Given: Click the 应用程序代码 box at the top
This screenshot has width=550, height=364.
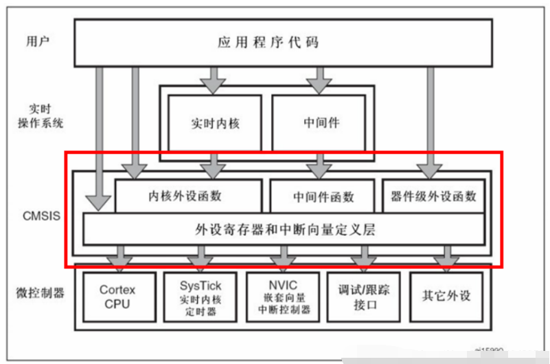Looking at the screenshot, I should click(282, 43).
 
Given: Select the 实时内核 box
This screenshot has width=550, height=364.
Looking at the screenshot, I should click(215, 124).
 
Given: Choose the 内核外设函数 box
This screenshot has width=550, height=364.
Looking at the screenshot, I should click(187, 195).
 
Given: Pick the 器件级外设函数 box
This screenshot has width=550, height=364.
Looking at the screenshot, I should click(433, 195).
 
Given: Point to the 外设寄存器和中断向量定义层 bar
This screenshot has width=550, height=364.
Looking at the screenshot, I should click(283, 229).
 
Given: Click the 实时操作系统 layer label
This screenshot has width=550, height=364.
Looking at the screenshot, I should click(41, 116).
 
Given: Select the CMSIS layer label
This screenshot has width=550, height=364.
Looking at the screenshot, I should click(41, 215).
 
